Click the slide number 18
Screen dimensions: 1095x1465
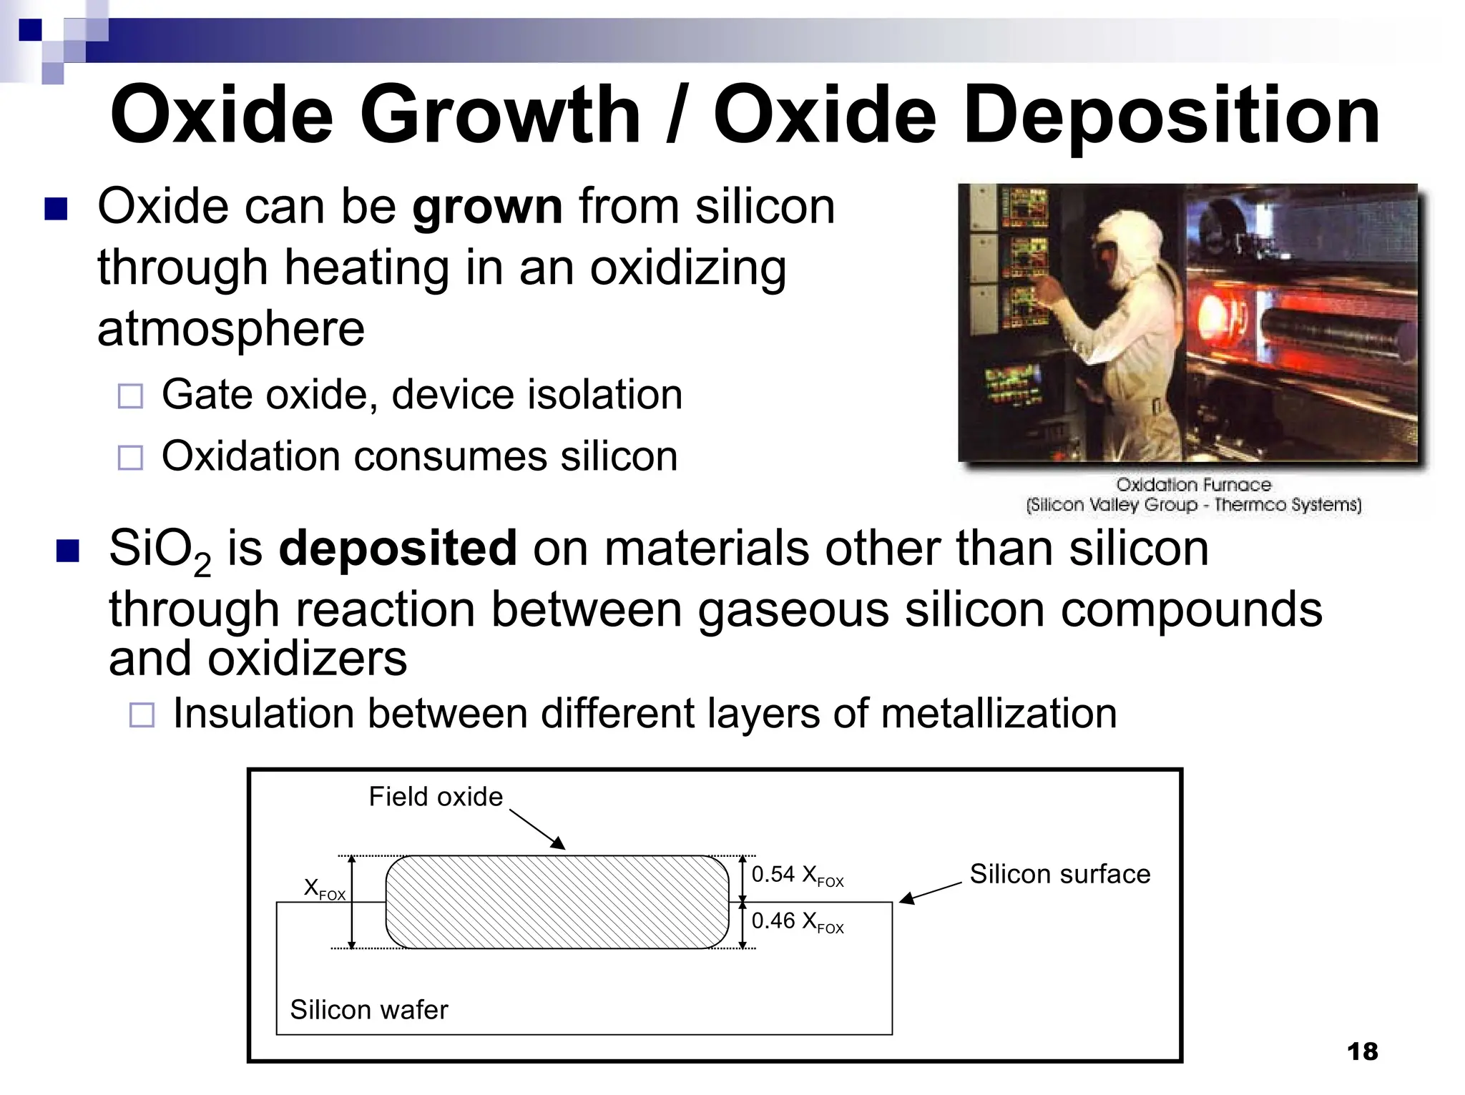[1361, 1051]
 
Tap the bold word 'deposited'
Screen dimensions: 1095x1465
[397, 549]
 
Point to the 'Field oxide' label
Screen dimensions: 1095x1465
[436, 797]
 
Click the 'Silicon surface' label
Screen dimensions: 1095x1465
[1059, 874]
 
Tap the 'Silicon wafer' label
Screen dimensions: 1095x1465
[368, 1010]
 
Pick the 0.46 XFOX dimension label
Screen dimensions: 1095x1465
[797, 922]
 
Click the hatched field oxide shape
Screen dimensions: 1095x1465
[557, 902]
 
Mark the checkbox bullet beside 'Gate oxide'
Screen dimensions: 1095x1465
[130, 396]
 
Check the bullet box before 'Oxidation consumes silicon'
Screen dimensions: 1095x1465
[130, 458]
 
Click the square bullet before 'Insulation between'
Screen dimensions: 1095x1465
[142, 715]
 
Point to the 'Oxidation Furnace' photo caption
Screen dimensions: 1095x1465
[1193, 485]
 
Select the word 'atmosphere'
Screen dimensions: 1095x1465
[231, 329]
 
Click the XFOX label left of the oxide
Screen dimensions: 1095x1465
[324, 889]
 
